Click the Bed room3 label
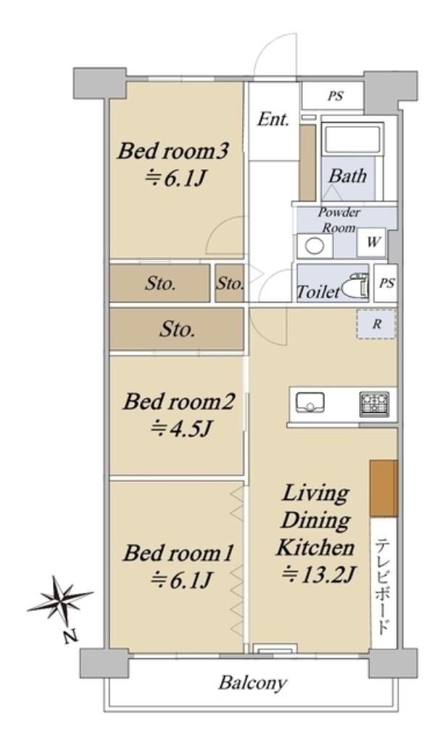click(174, 152)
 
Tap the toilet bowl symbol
click(355, 285)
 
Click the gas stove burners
click(374, 403)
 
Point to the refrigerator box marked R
click(376, 324)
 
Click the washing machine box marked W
click(373, 242)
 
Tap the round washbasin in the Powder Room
click(315, 246)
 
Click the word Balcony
click(253, 684)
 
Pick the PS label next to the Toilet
click(386, 283)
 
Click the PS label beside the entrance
click(336, 97)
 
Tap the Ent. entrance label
click(273, 120)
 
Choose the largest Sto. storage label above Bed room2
click(177, 329)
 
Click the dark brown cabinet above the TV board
click(384, 488)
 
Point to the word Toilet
click(318, 291)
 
